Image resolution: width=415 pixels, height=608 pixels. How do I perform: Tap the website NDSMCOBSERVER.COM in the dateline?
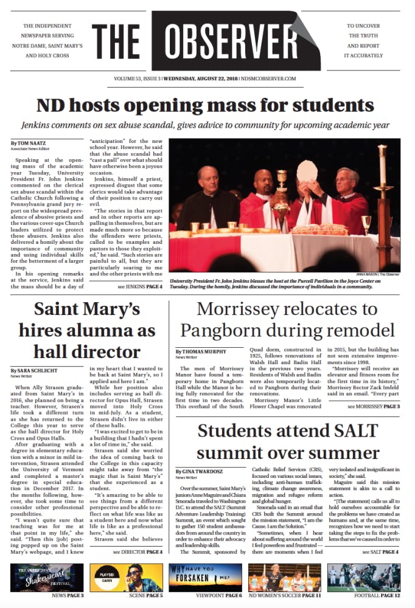click(x=268, y=79)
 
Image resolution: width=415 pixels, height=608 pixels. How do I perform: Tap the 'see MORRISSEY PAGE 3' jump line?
click(x=373, y=406)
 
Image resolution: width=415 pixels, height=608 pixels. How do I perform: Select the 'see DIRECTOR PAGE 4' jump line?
click(x=138, y=552)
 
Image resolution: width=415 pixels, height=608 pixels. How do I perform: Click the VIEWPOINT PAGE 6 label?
click(x=207, y=596)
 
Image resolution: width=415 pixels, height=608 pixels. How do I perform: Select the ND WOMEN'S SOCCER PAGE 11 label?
click(x=286, y=596)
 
